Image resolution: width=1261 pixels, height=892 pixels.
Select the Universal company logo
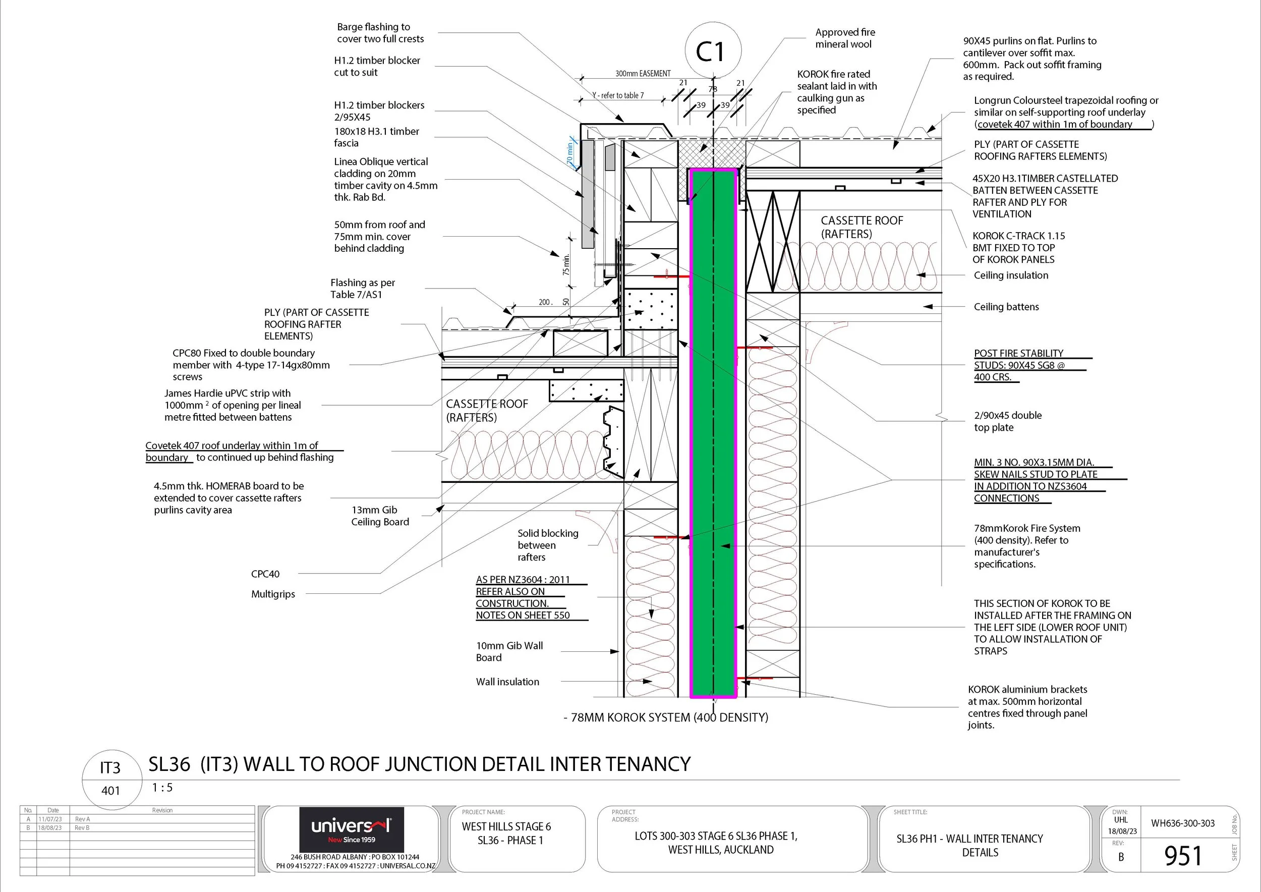[352, 829]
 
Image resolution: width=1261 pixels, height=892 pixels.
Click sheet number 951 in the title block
[1182, 855]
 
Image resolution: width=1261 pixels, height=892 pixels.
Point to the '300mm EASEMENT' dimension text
[643, 74]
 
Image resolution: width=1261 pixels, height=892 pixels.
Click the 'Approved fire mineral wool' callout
[845, 38]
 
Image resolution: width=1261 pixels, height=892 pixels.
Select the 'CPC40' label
[265, 574]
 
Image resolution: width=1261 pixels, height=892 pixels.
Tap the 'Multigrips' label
[273, 594]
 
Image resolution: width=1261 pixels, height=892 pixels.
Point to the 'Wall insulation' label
[507, 682]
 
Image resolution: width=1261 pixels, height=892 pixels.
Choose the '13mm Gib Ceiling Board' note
[380, 516]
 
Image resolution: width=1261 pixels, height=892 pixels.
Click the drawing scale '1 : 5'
[162, 788]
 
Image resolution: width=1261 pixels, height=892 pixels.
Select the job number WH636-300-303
[1183, 823]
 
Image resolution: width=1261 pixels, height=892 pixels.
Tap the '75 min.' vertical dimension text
[566, 264]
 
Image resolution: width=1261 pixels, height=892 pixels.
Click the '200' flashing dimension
[544, 302]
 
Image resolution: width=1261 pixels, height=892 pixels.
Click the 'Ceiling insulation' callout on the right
[1010, 275]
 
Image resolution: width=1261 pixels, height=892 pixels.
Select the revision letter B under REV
[1121, 857]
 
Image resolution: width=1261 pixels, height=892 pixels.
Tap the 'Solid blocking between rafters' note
[548, 545]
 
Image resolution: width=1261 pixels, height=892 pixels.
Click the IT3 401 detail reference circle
[110, 778]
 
